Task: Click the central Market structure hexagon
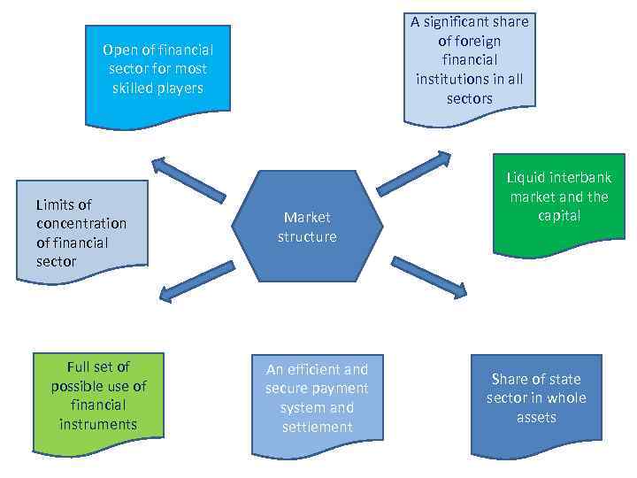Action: (307, 227)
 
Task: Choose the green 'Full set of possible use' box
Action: (98, 395)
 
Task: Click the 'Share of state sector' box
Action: (536, 397)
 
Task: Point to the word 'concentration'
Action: (81, 223)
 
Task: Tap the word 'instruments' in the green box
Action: (98, 424)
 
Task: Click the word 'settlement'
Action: (317, 427)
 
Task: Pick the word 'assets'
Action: (536, 417)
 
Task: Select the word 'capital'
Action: (559, 216)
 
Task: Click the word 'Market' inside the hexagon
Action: (307, 217)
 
